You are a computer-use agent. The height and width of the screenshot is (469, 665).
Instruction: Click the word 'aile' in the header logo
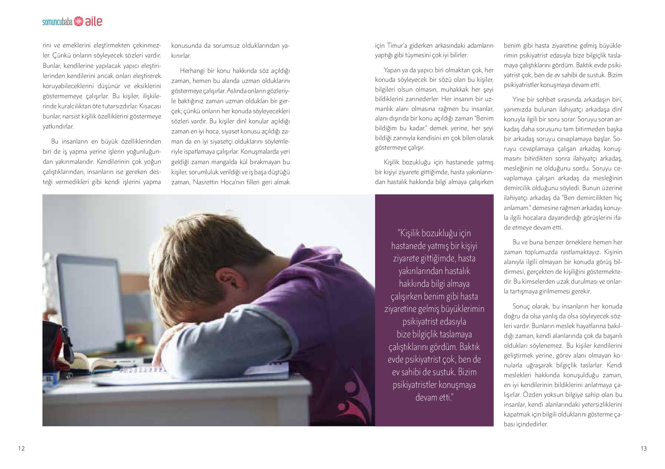coord(93,22)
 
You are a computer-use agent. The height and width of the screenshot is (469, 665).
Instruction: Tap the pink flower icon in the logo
coord(78,22)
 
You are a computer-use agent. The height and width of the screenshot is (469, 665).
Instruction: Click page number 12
coord(21,449)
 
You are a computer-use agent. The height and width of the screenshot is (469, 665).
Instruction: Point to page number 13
coord(644,449)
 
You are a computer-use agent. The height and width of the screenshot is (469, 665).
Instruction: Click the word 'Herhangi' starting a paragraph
coord(192,71)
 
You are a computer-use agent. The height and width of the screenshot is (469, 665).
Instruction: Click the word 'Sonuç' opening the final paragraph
coord(521,306)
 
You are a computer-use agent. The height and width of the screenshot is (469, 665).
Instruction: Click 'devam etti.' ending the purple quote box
coord(434,397)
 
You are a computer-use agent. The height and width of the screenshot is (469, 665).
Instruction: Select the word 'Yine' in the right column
coord(519,100)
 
